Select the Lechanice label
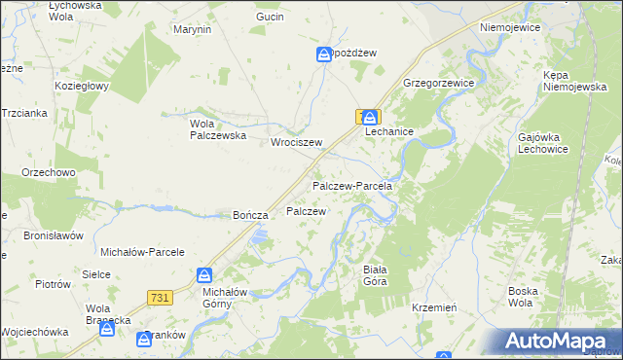(x=389, y=131)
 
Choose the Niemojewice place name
(x=509, y=28)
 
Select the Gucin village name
(x=270, y=18)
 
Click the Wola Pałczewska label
(x=216, y=129)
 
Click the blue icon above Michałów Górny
(x=204, y=275)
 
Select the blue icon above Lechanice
(x=372, y=117)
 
